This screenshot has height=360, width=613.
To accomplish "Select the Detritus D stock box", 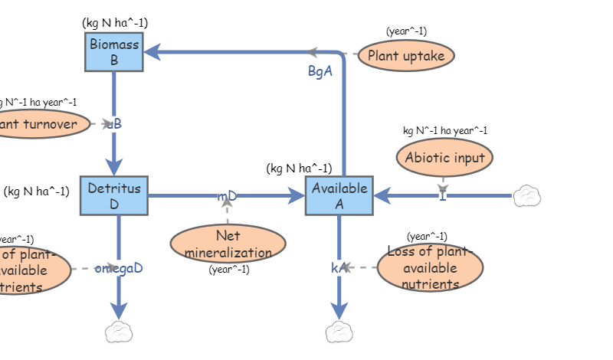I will [x=114, y=196].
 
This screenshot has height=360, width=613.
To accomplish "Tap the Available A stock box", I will [x=339, y=196].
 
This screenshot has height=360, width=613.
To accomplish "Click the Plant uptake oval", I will [x=406, y=56].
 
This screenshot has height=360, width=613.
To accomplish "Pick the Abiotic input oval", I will [x=444, y=158].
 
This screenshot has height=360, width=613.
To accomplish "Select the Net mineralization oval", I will [x=228, y=244].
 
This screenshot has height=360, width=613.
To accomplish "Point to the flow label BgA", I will [x=320, y=72].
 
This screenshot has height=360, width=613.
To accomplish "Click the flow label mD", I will [x=227, y=196].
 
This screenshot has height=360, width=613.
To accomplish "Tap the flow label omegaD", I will [x=119, y=268].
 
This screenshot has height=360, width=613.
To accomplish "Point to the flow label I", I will [x=443, y=196].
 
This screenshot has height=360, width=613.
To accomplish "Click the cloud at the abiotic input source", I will [x=526, y=196].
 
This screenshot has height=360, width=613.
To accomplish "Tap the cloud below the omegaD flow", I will [x=119, y=332].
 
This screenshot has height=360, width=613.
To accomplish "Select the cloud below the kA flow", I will [x=339, y=332].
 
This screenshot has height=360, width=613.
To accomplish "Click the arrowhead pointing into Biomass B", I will [x=152, y=52].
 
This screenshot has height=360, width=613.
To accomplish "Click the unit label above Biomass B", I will [x=115, y=22].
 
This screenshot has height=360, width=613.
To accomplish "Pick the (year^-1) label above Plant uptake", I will [x=406, y=31].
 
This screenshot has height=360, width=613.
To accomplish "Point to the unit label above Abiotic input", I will [x=444, y=130].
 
